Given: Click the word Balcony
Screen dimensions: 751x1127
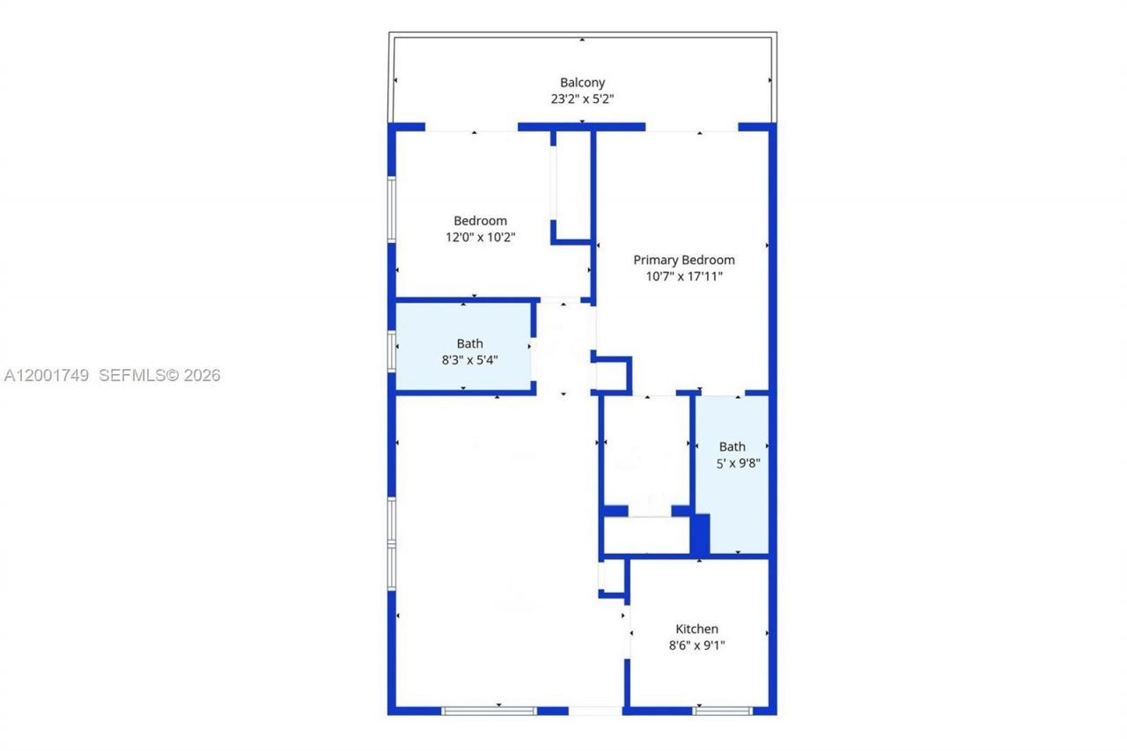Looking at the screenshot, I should [582, 83].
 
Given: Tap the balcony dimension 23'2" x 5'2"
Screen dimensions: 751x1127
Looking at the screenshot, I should [582, 99].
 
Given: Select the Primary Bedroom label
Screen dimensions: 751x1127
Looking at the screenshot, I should [684, 260].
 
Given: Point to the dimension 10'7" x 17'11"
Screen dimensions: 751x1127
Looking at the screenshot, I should [684, 276].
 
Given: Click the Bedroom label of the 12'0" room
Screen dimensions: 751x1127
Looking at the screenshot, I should [480, 221].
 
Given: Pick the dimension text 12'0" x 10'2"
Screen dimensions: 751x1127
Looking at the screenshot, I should [480, 237].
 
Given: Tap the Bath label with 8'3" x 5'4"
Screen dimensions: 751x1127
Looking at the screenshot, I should [469, 343].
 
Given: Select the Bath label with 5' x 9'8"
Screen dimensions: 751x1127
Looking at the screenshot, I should [732, 446].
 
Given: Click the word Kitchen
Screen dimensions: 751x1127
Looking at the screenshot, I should [696, 629].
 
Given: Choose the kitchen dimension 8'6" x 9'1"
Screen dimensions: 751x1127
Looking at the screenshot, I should [696, 645].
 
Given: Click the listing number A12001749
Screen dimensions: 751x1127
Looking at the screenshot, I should [47, 375].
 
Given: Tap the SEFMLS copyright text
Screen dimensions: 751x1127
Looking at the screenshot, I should [159, 375].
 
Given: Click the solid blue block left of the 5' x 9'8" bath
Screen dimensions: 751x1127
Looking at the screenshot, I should [700, 534].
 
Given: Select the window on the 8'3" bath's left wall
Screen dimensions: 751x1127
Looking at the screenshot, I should [392, 350].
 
